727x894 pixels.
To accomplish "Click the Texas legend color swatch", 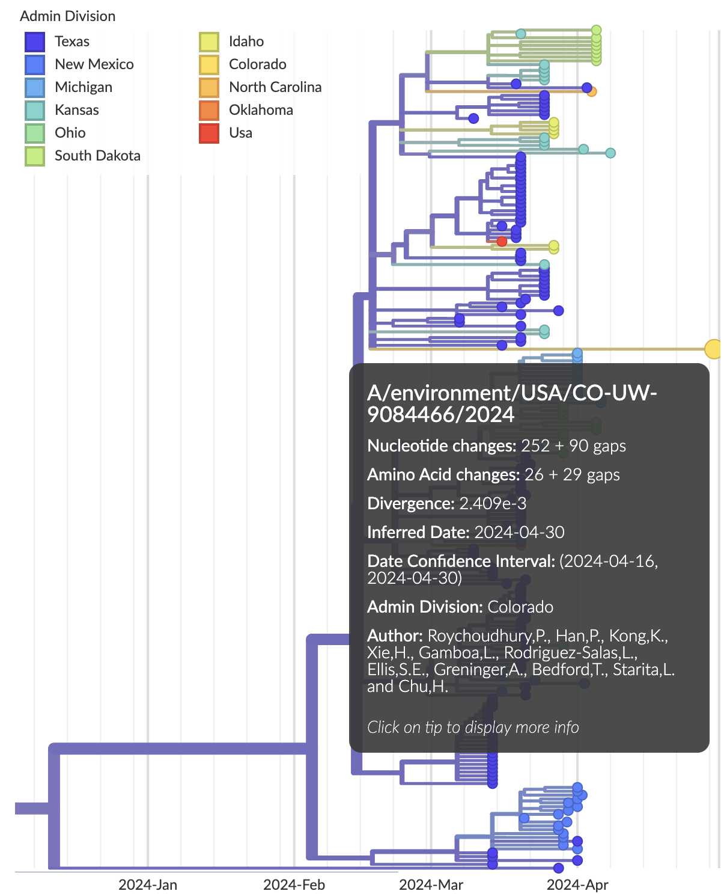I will click(x=35, y=41).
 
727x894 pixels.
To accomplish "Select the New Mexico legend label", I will click(x=94, y=64).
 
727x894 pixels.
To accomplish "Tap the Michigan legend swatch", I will click(x=35, y=87).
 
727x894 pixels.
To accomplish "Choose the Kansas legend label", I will click(x=76, y=110).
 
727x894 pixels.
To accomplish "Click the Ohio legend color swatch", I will click(x=35, y=133).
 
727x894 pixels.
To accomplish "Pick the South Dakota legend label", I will click(x=97, y=156).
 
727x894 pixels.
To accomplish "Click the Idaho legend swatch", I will click(x=209, y=41).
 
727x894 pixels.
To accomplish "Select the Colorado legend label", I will click(x=257, y=64).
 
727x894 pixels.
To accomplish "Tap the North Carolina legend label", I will click(x=275, y=87).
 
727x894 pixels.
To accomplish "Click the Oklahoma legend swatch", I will click(x=209, y=110).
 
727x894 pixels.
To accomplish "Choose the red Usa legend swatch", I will click(x=209, y=133).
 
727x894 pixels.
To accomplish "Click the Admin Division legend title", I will click(x=68, y=16).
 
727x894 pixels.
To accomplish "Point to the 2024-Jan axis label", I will click(x=148, y=884).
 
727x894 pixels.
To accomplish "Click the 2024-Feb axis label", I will click(x=294, y=884).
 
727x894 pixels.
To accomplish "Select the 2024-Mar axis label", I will click(x=431, y=884).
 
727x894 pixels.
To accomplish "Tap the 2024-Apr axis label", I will click(x=577, y=884).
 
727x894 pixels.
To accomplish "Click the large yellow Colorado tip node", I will click(x=713, y=349).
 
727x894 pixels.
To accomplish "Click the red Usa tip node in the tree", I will click(x=502, y=242).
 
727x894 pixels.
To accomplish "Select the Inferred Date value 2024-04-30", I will click(x=519, y=533).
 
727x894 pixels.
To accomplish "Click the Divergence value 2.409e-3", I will click(x=493, y=504).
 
